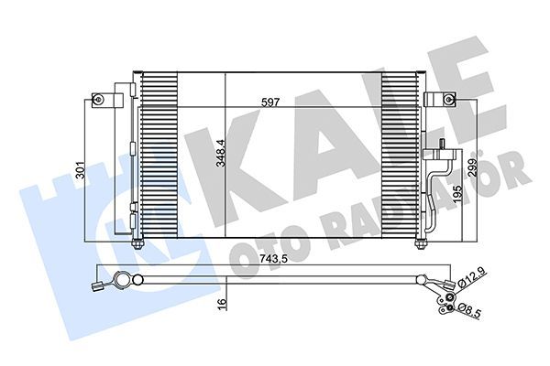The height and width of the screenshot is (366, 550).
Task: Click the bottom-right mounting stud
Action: pos(420,242)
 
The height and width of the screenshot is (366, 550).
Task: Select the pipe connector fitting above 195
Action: pos(443,146)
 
